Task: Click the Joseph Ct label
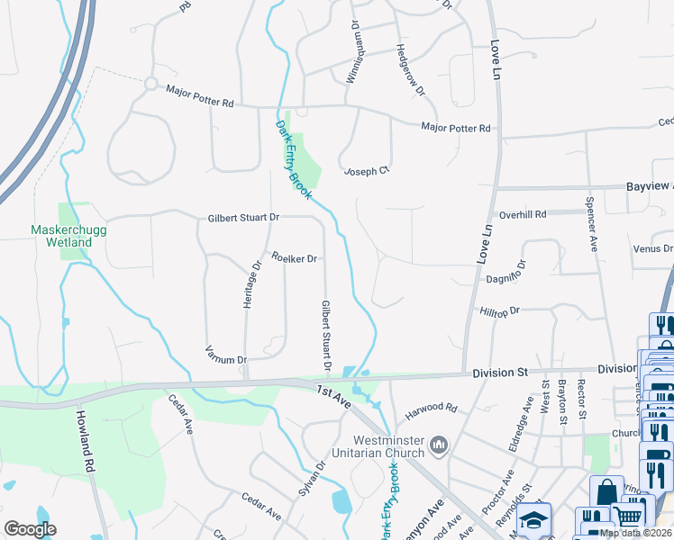(x=366, y=170)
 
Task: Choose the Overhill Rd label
(x=524, y=215)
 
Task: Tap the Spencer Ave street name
(x=592, y=224)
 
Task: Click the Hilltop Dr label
(x=501, y=310)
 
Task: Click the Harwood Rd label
(x=431, y=408)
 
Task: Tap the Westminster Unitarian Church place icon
(x=439, y=445)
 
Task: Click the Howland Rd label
(x=86, y=442)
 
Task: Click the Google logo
(x=31, y=528)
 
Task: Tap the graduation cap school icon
(x=533, y=520)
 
